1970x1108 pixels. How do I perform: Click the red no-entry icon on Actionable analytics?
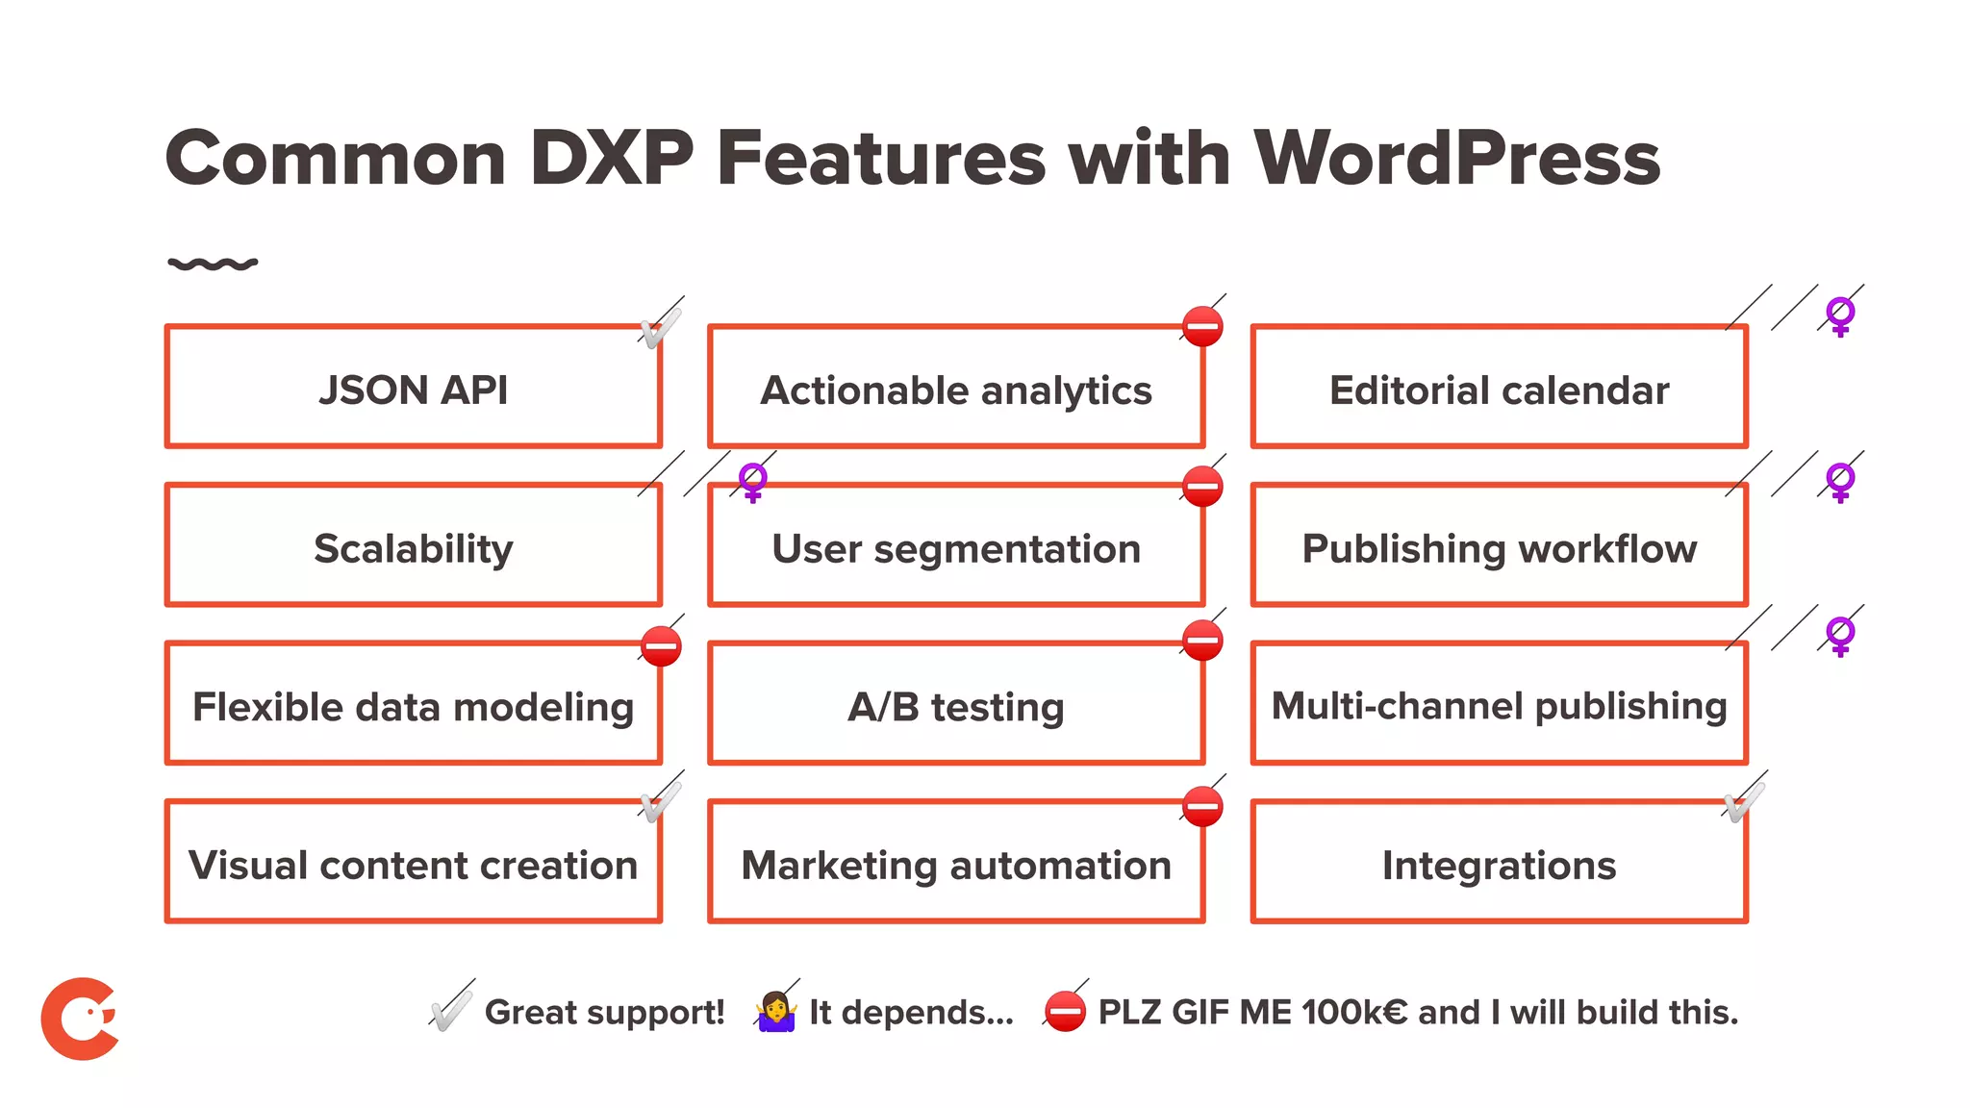(1202, 327)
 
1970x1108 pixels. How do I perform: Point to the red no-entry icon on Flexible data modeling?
(662, 646)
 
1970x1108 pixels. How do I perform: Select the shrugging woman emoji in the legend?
(776, 1012)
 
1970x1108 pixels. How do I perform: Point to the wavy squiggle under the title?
(213, 264)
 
